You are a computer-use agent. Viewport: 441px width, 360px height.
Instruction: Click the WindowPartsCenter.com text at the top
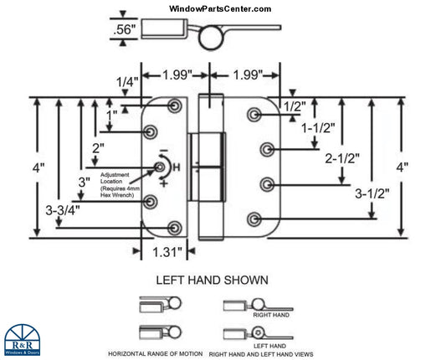(x=220, y=8)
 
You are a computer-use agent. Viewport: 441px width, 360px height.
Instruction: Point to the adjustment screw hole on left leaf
(x=161, y=168)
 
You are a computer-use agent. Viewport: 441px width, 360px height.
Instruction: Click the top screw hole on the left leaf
(x=175, y=106)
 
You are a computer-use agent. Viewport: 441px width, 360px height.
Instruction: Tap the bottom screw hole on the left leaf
(x=175, y=228)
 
